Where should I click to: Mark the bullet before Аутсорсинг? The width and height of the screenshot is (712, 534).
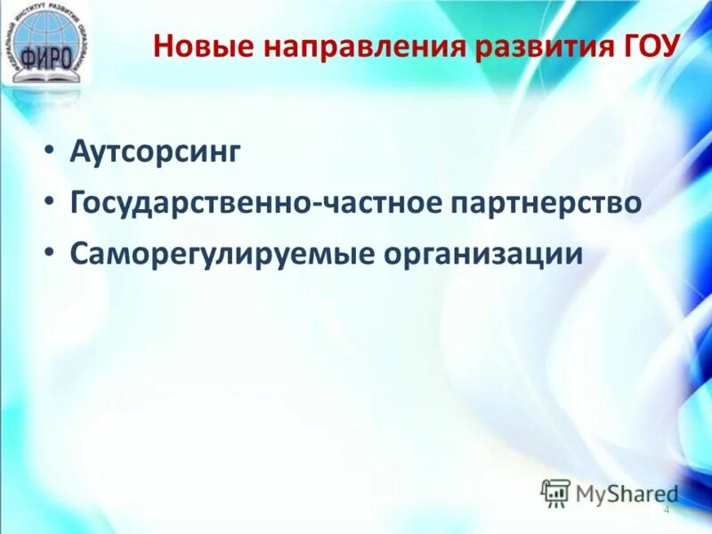[49, 153]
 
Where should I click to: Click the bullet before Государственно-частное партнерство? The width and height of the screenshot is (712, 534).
[49, 204]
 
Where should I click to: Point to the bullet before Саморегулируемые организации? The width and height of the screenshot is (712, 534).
[49, 254]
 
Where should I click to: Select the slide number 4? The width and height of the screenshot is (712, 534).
[666, 509]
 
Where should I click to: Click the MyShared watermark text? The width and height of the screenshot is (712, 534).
[627, 493]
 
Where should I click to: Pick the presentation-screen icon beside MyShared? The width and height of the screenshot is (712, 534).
[555, 493]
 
